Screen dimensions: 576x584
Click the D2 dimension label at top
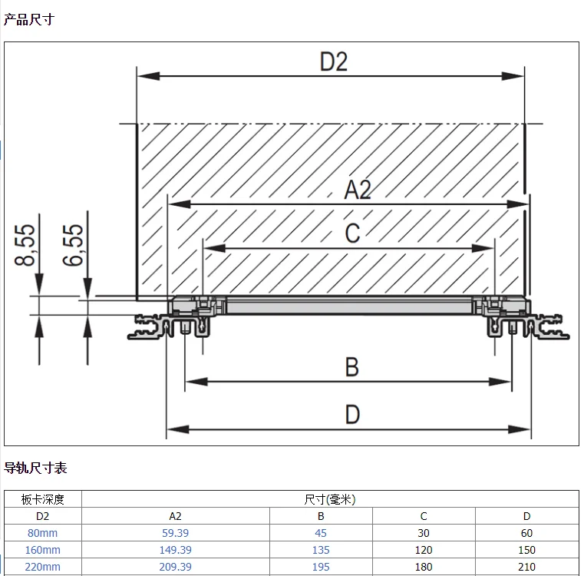[x=333, y=61]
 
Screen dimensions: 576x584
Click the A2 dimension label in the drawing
[x=357, y=190]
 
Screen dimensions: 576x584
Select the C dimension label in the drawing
[x=351, y=233]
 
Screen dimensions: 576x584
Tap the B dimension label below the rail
[x=351, y=367]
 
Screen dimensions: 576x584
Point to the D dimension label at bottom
[x=351, y=415]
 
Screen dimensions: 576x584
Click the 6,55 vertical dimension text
[x=74, y=244]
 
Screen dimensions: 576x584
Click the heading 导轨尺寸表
[x=35, y=467]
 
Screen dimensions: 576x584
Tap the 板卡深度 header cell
[x=43, y=499]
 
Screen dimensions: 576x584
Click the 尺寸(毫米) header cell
[x=330, y=499]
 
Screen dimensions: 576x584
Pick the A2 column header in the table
[x=176, y=516]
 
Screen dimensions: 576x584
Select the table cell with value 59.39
[x=176, y=533]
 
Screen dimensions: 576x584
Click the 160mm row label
[x=43, y=550]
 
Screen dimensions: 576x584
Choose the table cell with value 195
[x=321, y=567]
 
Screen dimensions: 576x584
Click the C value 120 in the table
[x=424, y=550]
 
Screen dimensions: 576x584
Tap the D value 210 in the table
[x=526, y=567]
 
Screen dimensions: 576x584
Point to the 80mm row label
[x=43, y=533]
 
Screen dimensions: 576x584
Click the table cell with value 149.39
[x=176, y=550]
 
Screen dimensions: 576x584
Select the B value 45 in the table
[x=321, y=533]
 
